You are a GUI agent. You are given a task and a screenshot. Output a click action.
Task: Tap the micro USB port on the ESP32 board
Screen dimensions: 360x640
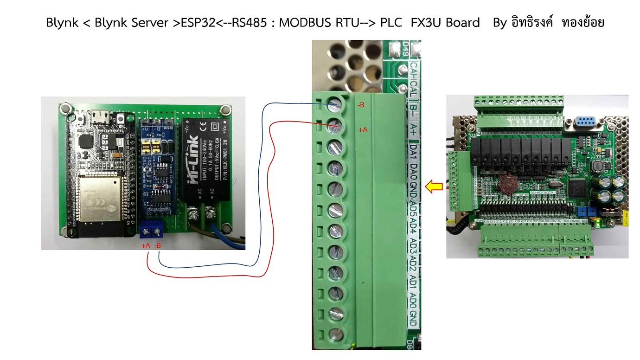tap(99, 116)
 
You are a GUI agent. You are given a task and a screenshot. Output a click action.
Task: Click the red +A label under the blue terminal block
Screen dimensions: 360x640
tap(146, 246)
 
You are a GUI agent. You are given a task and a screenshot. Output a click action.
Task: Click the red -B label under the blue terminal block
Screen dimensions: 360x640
tap(158, 246)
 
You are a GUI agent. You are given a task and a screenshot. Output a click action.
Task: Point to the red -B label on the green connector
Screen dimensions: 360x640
tap(360, 105)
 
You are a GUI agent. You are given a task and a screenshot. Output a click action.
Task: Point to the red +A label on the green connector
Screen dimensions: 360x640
tap(363, 130)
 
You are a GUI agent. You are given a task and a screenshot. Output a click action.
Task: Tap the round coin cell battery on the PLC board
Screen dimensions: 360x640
tap(507, 185)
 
